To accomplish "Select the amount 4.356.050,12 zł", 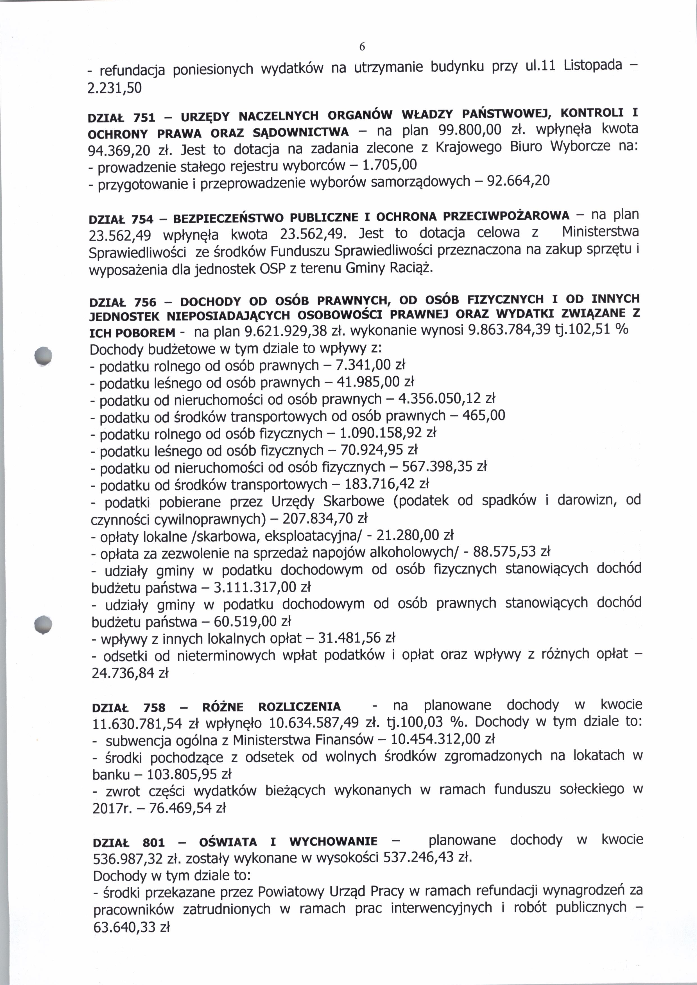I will tap(447, 399).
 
